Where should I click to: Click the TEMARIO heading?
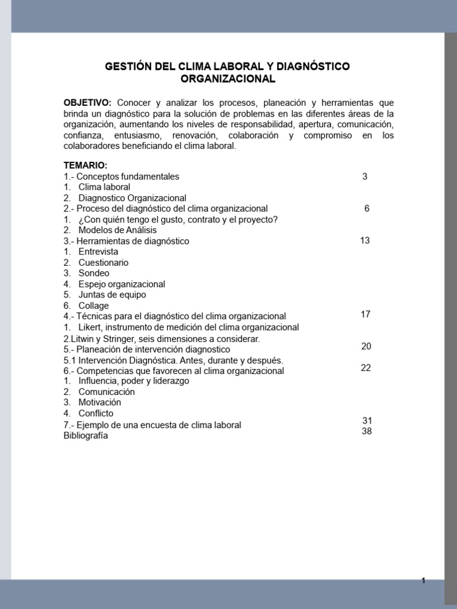(85, 165)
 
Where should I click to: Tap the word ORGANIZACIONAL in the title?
(228, 79)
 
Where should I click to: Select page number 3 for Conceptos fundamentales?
(365, 177)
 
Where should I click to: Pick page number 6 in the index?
(367, 208)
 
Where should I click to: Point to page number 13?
(365, 240)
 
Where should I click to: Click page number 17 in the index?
(366, 314)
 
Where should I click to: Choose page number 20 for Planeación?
(366, 346)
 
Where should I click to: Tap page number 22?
(366, 368)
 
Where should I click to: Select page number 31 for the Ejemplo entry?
(367, 420)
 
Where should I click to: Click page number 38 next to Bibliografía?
(367, 431)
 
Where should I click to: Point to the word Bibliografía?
(86, 435)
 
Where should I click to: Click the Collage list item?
(93, 306)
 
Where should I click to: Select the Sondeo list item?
(93, 273)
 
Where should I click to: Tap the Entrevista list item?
(98, 252)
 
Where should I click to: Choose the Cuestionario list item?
(103, 262)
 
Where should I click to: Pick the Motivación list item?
(99, 403)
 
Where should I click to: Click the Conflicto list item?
(96, 413)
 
